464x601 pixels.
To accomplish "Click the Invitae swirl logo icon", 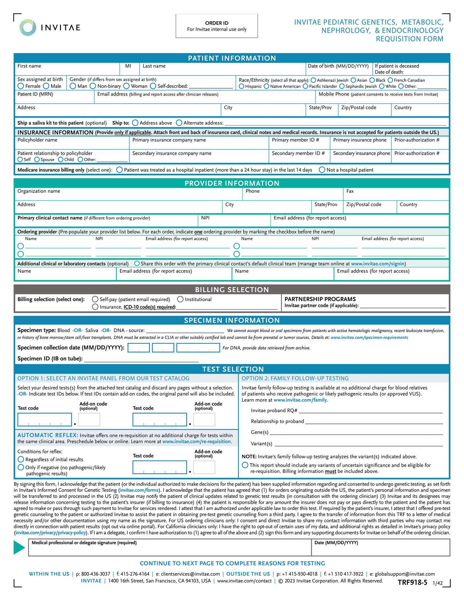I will click(x=28, y=27).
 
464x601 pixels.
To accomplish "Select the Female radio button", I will click(x=21, y=86).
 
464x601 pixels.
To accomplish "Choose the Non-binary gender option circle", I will click(x=93, y=86).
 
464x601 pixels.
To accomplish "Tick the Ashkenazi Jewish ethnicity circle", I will click(x=313, y=80).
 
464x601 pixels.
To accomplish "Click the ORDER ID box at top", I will click(x=216, y=26).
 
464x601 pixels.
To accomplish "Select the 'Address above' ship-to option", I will click(x=135, y=123).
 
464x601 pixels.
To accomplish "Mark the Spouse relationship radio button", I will click(x=37, y=160).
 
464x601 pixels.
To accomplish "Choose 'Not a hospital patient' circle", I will click(x=322, y=170).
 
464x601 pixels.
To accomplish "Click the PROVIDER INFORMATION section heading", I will click(x=232, y=183).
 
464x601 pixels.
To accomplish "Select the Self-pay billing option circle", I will click(x=95, y=299).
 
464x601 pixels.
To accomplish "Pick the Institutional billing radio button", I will click(x=180, y=299).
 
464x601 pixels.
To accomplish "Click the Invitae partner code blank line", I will click(x=403, y=306).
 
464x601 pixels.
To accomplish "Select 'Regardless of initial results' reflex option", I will click(x=21, y=460).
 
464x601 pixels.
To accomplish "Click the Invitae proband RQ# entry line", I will click(x=370, y=411).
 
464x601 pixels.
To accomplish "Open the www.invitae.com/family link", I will click(x=300, y=400).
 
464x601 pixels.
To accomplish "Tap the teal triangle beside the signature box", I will click(x=19, y=547).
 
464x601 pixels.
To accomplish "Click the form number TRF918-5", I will click(x=412, y=582).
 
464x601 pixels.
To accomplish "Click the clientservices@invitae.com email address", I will click(x=190, y=574).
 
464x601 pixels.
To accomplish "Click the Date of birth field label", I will click(x=338, y=66).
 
